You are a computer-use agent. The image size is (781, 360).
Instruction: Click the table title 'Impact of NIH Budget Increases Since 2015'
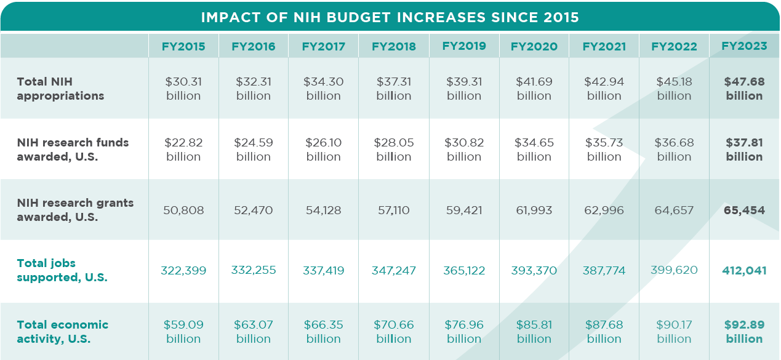390,17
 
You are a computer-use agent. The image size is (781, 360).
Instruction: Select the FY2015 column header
183,46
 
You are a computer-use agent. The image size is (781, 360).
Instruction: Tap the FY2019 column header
464,46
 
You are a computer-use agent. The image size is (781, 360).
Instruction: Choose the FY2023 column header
744,46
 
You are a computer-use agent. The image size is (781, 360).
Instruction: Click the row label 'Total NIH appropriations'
60,89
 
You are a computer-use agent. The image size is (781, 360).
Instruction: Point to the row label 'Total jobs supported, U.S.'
62,270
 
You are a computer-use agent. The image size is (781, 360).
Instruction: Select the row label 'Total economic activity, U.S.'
62,332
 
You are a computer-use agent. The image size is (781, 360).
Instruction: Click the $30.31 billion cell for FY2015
183,89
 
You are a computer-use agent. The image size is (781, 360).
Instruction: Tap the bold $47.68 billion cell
744,89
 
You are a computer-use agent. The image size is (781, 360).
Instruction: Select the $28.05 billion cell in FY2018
394,150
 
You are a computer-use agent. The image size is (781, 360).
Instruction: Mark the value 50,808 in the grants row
183,210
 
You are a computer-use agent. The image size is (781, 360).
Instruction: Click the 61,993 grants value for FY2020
534,210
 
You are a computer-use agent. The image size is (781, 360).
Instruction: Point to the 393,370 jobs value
534,271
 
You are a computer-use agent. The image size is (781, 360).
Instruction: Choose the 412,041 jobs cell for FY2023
744,271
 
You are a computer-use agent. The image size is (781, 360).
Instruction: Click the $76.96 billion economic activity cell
464,332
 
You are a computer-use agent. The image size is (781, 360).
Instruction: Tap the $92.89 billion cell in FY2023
744,332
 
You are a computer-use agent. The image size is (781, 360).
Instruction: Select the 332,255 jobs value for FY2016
254,271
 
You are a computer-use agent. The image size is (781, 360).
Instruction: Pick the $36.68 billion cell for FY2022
674,150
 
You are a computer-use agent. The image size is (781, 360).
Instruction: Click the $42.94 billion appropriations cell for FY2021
604,89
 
